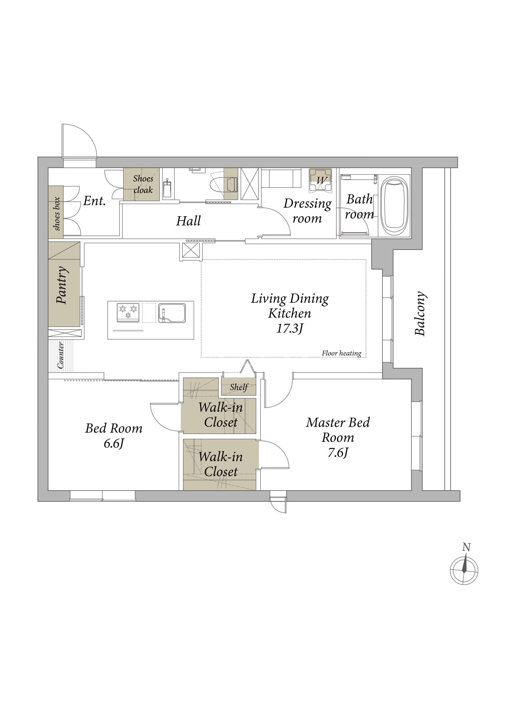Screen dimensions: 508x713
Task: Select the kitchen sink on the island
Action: click(172, 313)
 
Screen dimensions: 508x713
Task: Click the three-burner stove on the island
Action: click(128, 312)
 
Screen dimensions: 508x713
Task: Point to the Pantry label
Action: click(62, 285)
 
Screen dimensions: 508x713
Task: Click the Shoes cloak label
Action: click(143, 184)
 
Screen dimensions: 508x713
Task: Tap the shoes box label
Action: click(57, 213)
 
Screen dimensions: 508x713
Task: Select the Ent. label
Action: click(94, 201)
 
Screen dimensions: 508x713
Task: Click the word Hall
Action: click(188, 221)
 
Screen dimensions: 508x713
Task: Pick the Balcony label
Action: click(420, 314)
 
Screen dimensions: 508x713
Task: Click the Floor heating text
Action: click(342, 353)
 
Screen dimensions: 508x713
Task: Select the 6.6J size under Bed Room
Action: click(114, 443)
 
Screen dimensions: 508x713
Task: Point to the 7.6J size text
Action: click(338, 453)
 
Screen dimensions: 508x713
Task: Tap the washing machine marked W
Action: click(320, 180)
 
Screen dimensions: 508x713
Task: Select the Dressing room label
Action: click(307, 211)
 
